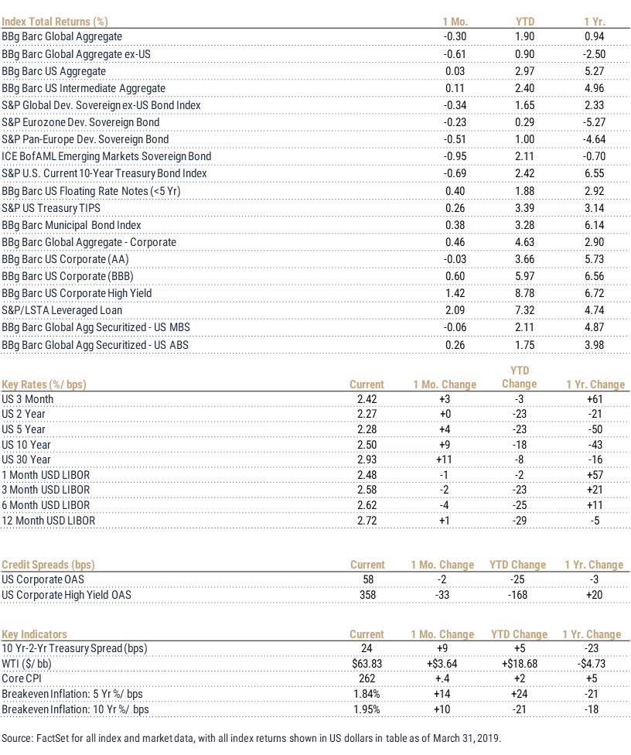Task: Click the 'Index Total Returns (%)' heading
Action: coord(54,22)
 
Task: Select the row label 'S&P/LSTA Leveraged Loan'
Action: coord(62,310)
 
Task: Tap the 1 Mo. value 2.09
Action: coord(455,310)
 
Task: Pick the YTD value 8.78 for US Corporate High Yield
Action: coord(524,293)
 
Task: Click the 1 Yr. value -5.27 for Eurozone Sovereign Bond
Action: coord(594,122)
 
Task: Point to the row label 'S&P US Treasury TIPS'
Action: coord(51,208)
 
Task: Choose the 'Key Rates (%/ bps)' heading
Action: coord(44,384)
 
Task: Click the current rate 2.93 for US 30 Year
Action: coord(367,459)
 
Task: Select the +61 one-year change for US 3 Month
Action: coord(595,399)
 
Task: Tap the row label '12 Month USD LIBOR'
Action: coord(49,521)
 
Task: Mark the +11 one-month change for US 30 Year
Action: coord(444,459)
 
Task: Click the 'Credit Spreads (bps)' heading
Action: coord(48,565)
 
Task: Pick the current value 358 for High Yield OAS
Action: coord(368,595)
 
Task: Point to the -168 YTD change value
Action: coord(517,595)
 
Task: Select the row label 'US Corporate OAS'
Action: coord(43,579)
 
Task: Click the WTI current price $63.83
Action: coord(367,664)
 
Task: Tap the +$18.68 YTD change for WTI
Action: coord(520,664)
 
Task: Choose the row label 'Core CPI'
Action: coord(22,678)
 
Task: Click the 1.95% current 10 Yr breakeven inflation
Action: coord(367,709)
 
